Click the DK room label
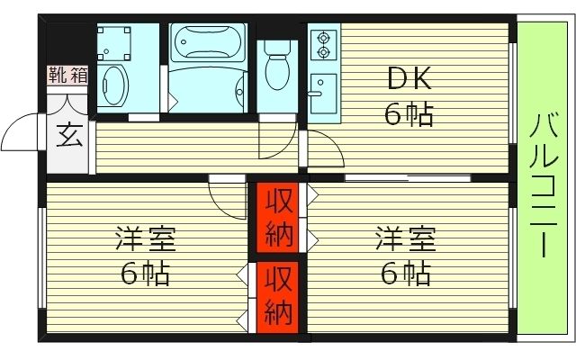click(x=409, y=80)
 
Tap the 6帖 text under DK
click(x=409, y=114)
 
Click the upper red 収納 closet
click(x=277, y=220)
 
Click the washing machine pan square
click(x=115, y=40)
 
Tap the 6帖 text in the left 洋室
click(x=145, y=273)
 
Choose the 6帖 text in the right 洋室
click(x=406, y=273)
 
